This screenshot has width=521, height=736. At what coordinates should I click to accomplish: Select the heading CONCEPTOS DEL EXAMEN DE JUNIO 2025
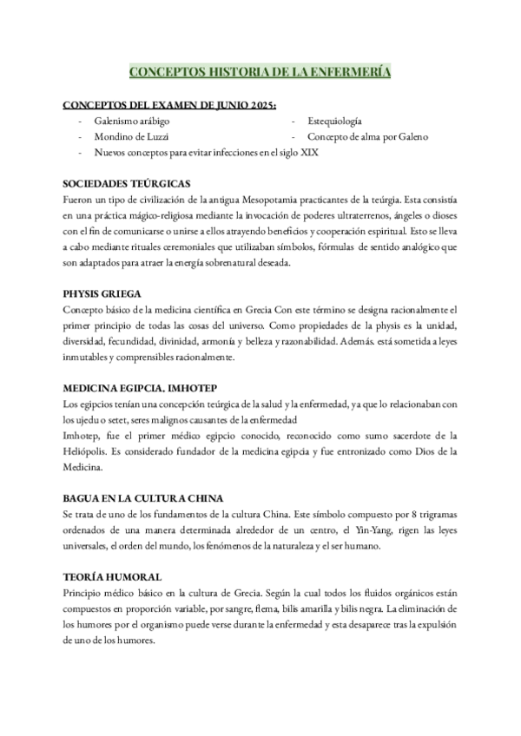[x=170, y=106]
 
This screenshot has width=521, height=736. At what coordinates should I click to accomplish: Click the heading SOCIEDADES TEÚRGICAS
[x=127, y=184]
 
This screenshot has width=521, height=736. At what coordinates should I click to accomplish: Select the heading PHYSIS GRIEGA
[x=102, y=293]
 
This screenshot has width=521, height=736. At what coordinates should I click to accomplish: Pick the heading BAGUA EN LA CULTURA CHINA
[x=143, y=498]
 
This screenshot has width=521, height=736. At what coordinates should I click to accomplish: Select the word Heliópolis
[x=86, y=451]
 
